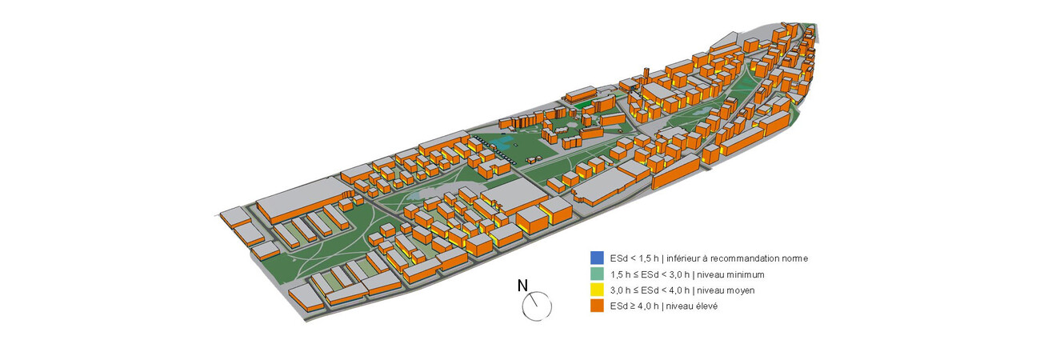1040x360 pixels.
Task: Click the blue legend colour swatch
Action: [596, 258]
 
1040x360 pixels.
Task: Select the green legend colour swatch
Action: [596, 274]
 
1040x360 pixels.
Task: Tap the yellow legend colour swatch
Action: [596, 290]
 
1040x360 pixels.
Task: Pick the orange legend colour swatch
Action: [596, 306]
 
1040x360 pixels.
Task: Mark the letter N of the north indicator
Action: [522, 285]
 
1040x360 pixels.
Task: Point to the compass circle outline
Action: [551, 306]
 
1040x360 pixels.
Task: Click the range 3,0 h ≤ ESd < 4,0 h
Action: [648, 290]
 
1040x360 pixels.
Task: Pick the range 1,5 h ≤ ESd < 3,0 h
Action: [648, 274]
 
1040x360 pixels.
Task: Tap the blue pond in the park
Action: [503, 143]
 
